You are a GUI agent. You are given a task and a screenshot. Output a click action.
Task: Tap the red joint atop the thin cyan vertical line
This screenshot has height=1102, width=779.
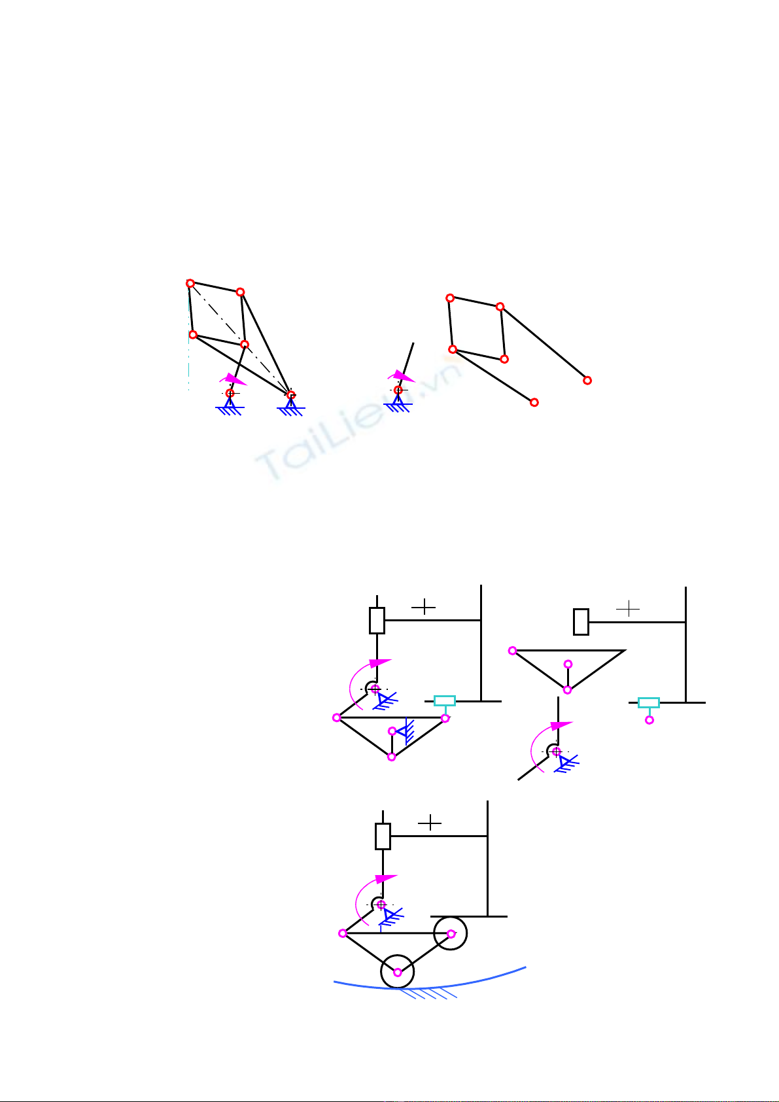point(190,283)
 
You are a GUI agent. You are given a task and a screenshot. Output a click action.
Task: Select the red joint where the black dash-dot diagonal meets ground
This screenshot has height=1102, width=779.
point(291,395)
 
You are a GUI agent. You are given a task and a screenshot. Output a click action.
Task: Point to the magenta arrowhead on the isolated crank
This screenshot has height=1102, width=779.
point(404,376)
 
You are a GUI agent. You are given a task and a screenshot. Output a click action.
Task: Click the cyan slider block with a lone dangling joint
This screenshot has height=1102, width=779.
point(649,702)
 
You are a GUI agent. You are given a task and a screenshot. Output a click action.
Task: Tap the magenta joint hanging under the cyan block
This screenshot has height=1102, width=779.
point(649,720)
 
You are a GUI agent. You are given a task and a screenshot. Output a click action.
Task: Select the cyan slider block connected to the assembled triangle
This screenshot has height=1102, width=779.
point(444,701)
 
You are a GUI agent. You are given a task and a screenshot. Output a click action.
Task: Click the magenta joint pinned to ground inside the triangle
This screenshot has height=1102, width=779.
point(392,731)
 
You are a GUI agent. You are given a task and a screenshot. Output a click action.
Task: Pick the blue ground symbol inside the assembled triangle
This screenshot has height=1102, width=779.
point(406,732)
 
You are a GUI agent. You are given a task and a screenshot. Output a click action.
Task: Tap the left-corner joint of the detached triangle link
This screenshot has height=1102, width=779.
point(512,651)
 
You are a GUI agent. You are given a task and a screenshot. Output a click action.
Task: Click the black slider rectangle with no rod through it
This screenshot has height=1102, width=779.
point(581,622)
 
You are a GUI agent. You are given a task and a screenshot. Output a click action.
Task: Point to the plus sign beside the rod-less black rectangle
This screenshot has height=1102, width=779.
point(628,609)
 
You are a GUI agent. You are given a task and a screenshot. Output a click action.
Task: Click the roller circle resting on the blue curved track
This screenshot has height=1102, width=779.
point(398,972)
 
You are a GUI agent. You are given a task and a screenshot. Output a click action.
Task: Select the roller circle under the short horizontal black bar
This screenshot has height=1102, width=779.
point(450,933)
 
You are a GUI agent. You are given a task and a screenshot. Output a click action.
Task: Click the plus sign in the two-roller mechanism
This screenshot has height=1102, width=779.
point(430,823)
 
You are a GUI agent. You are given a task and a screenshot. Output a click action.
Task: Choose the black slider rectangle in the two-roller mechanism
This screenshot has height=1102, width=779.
point(383,836)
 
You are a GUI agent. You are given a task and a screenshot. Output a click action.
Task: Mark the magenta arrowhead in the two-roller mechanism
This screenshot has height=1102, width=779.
point(386,878)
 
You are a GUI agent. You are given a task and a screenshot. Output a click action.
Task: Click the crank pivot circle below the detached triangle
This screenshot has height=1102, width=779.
point(555,751)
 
